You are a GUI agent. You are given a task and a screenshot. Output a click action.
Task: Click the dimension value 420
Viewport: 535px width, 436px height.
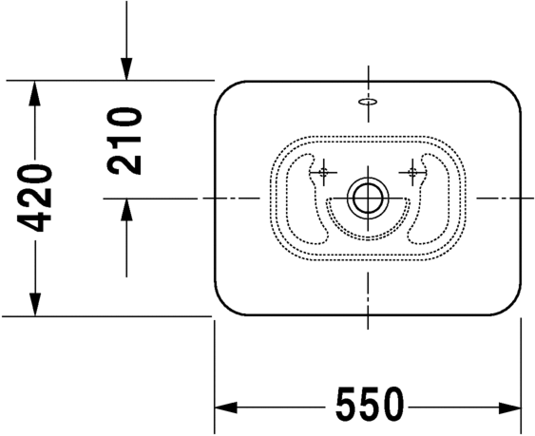tap(35, 198)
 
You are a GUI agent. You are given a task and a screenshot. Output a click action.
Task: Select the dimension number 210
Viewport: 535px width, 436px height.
tap(124, 140)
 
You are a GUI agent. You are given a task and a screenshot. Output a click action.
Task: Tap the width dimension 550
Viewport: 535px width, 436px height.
tap(368, 407)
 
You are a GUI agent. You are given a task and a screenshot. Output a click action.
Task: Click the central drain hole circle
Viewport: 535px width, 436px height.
tap(367, 198)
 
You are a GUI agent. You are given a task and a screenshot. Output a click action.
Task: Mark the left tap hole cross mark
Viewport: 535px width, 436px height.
tap(323, 172)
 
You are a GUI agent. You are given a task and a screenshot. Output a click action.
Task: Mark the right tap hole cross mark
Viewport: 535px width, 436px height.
tap(412, 172)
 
